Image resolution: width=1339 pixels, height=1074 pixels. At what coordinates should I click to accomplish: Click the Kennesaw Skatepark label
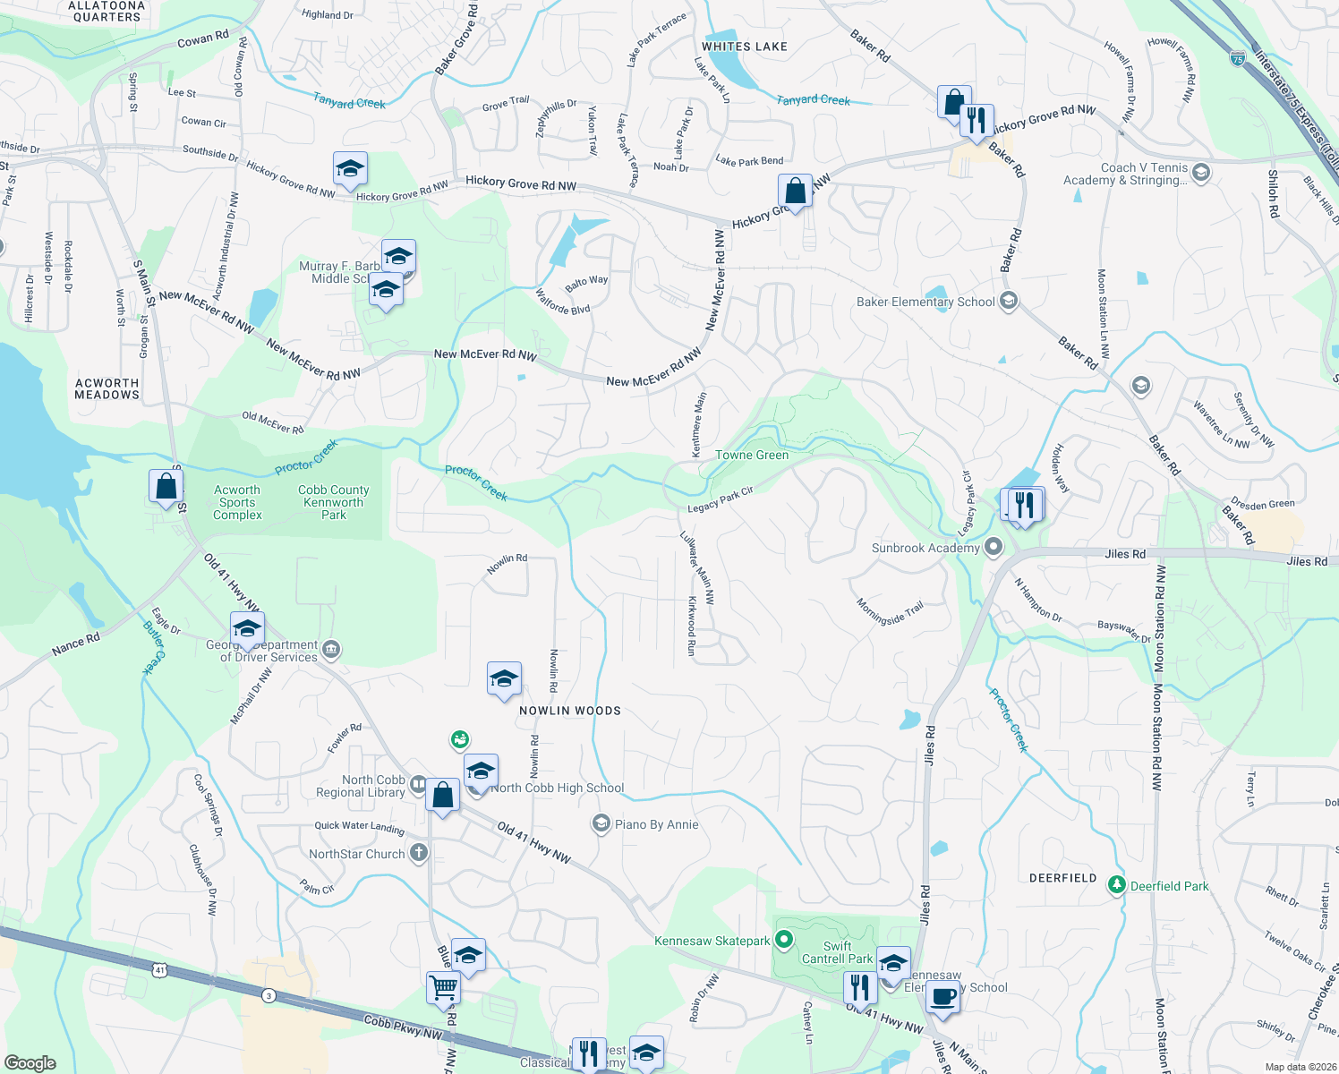click(712, 941)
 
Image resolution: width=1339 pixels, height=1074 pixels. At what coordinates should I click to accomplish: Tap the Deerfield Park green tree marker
click(1116, 885)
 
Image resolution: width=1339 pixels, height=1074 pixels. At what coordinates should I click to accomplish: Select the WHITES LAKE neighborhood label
click(744, 47)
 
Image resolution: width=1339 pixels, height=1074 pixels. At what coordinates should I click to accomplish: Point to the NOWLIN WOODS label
click(569, 711)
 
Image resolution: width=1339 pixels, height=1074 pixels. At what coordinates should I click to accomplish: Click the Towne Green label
click(752, 455)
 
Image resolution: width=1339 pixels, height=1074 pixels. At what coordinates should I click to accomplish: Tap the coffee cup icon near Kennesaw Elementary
click(942, 995)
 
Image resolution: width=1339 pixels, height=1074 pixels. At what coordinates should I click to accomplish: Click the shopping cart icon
click(444, 987)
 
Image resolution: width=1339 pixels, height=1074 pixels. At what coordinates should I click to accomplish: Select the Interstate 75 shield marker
click(1238, 58)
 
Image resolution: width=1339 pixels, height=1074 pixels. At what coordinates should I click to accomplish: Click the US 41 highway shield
click(159, 969)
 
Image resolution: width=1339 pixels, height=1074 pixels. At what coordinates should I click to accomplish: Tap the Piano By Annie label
click(656, 824)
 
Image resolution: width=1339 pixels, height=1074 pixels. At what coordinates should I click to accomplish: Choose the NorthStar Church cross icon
click(419, 853)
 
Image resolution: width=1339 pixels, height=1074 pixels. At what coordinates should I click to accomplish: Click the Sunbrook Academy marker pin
click(994, 546)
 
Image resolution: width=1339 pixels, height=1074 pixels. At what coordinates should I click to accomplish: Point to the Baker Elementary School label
click(925, 302)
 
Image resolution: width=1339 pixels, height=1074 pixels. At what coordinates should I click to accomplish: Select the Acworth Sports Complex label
click(237, 502)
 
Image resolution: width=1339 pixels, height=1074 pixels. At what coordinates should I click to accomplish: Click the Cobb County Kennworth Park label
click(333, 502)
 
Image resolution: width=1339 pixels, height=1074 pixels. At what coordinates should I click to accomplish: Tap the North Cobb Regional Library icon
click(418, 785)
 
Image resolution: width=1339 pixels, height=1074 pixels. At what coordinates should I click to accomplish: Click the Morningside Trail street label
click(890, 613)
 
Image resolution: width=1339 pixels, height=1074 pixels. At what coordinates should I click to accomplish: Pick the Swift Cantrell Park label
click(837, 952)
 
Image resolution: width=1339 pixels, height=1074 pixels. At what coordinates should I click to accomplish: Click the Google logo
click(30, 1062)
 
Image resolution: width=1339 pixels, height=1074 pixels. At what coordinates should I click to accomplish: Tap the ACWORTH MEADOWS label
click(107, 388)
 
